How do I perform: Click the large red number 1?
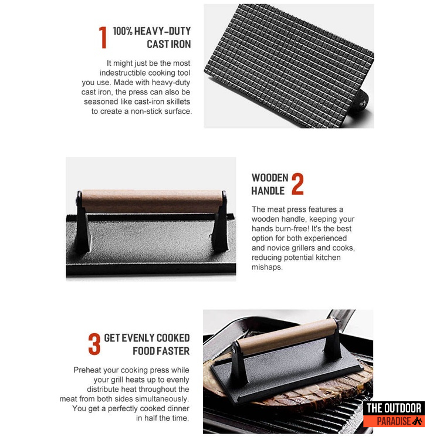tap(103, 38)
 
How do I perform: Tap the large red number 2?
tap(297, 184)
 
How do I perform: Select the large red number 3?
tap(94, 344)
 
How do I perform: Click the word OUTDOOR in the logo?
tap(402, 408)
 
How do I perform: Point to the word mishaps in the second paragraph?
tap(267, 268)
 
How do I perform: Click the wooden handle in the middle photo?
tap(152, 201)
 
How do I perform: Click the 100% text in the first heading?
tap(123, 31)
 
